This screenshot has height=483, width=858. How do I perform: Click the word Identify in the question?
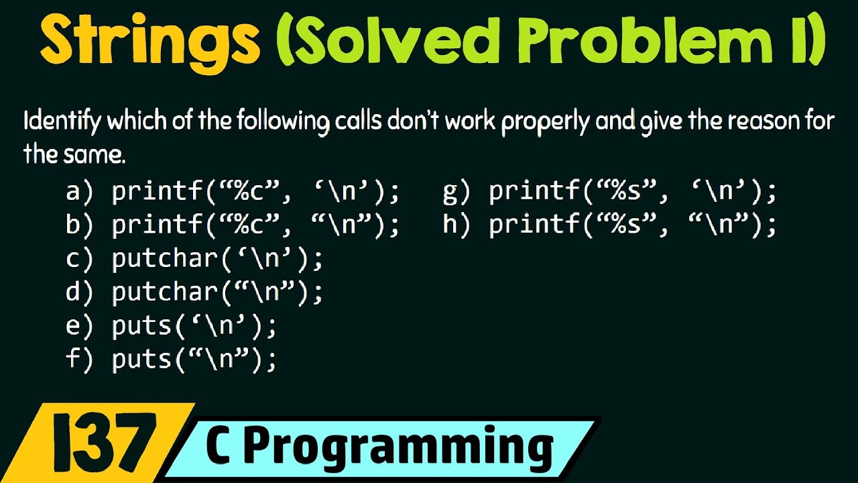coord(62,122)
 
